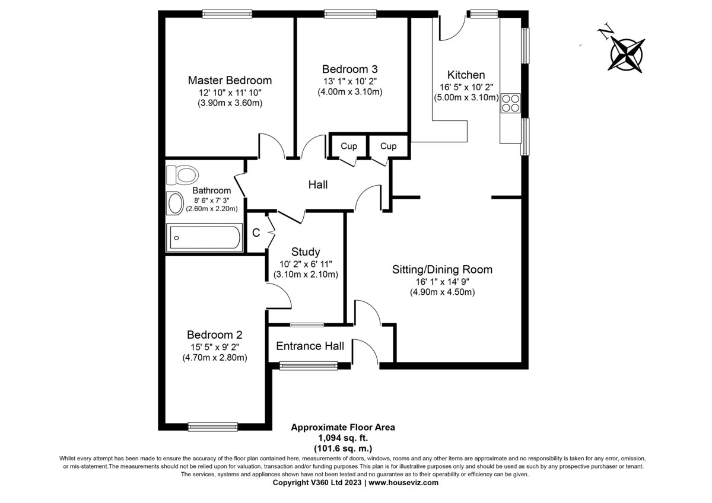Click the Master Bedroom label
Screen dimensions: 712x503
point(230,81)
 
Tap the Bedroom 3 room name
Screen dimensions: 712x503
point(349,69)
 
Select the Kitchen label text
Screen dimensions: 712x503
point(466,75)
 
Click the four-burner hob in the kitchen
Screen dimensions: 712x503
point(510,103)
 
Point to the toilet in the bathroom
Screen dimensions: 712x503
point(182,175)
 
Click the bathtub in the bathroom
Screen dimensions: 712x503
point(204,237)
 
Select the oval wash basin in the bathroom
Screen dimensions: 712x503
point(175,203)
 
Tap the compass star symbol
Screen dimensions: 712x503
point(626,55)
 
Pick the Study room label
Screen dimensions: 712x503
point(306,252)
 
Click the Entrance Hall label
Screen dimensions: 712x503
point(310,346)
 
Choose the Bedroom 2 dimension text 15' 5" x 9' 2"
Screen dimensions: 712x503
point(215,346)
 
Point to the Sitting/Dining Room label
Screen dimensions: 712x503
point(442,269)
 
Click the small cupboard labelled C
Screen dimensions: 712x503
point(256,233)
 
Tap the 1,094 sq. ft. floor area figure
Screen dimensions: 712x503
point(343,438)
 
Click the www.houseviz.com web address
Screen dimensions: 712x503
point(403,483)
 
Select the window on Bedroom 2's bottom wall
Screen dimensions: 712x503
point(212,426)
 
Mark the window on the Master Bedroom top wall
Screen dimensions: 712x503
point(227,14)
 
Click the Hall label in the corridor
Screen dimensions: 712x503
point(318,184)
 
